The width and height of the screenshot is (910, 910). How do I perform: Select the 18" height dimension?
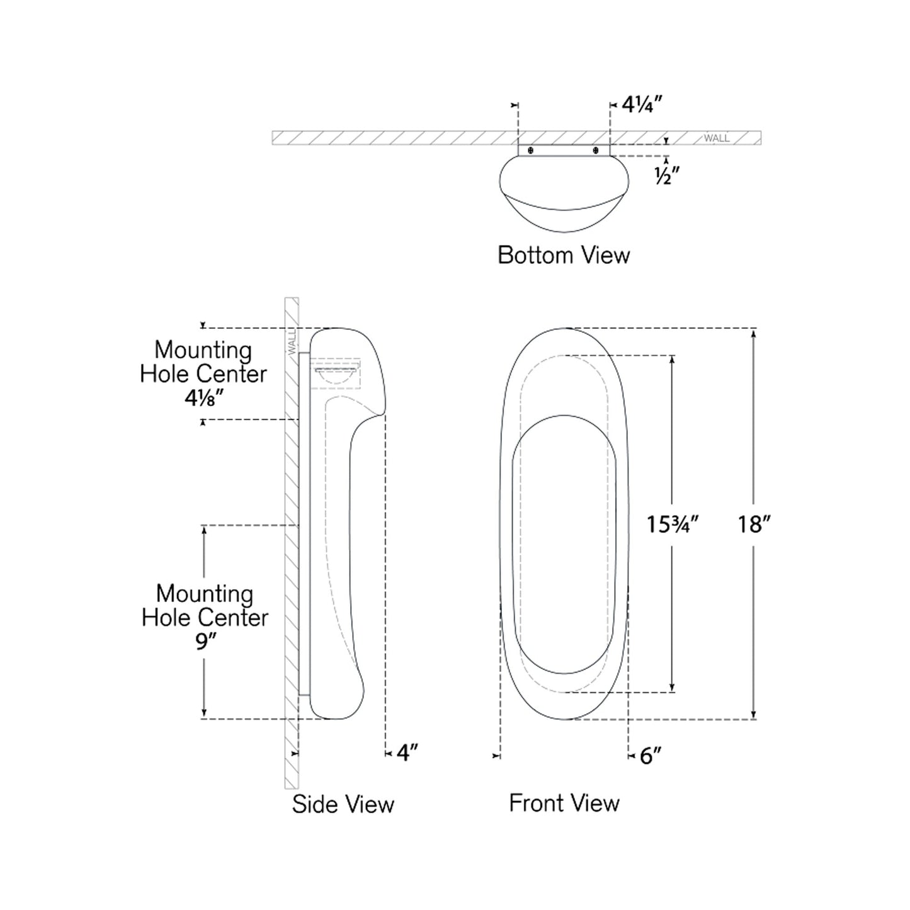(x=754, y=524)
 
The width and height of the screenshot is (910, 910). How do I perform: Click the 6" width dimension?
(x=651, y=756)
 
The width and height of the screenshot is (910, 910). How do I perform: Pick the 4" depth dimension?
(x=407, y=753)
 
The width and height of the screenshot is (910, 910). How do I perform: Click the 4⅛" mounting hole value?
(x=203, y=398)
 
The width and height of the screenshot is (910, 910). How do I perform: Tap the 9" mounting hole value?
(x=203, y=643)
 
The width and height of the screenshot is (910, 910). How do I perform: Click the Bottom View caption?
(x=564, y=255)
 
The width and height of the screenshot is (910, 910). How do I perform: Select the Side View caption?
(x=343, y=804)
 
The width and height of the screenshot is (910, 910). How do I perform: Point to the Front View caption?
(x=564, y=803)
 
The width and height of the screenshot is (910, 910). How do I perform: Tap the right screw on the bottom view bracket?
(x=596, y=151)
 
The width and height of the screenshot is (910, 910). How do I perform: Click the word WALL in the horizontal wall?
(x=717, y=138)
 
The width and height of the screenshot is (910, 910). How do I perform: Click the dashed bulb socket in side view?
(x=337, y=375)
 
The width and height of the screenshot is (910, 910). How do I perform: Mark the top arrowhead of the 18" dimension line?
(x=754, y=333)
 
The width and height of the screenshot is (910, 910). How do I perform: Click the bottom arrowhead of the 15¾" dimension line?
(x=673, y=688)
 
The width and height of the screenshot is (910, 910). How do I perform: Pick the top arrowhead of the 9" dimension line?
(x=203, y=530)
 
